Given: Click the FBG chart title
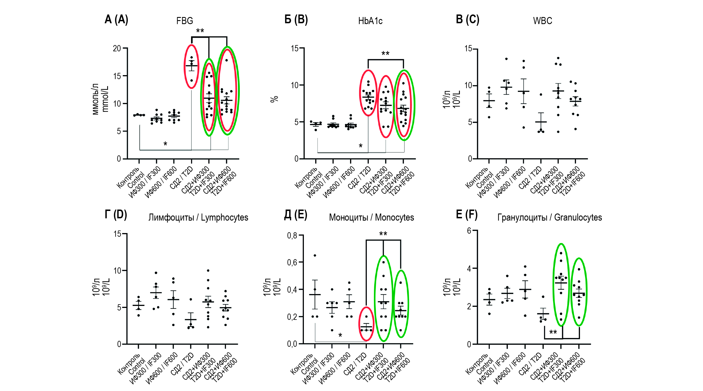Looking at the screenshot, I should tap(185, 21).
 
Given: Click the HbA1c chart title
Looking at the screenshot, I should tap(370, 21).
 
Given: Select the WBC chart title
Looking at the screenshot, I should tap(543, 21).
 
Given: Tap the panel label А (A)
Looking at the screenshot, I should tap(116, 20).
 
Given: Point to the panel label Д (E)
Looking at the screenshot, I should tap(296, 215).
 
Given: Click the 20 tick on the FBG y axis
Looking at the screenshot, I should tap(117, 48).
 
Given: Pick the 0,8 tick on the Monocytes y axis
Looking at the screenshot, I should tap(292, 236).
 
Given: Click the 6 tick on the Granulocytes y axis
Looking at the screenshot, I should tap(469, 231).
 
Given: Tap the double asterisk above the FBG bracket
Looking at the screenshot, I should tap(200, 31).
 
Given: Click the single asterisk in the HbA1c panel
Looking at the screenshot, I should tap(361, 146).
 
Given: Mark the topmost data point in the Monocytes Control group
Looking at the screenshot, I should tap(315, 255).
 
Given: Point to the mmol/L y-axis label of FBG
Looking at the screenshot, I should tap(105, 99).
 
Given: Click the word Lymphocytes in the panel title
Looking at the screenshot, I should tap(225, 217).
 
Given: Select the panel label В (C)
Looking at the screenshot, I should tap(467, 20).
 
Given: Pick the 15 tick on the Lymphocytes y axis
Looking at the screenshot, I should tap(117, 234).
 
